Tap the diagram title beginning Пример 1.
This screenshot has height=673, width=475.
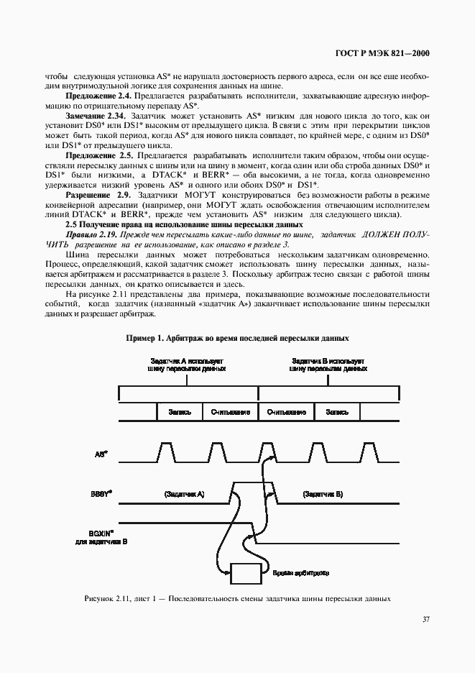click(237, 338)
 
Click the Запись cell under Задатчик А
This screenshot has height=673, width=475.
click(179, 413)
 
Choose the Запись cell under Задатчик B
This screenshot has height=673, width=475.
click(337, 413)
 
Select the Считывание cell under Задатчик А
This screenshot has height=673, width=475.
click(230, 413)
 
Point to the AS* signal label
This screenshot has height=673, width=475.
click(102, 454)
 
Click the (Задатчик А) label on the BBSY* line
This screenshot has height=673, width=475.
click(184, 495)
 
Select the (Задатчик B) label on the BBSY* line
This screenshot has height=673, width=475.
click(323, 495)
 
